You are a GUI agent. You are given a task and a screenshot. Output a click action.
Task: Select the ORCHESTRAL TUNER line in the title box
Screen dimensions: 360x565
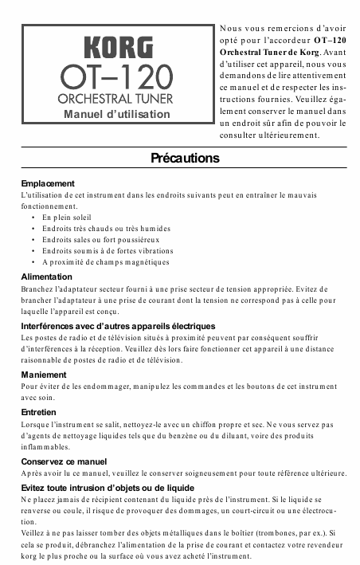point(117,100)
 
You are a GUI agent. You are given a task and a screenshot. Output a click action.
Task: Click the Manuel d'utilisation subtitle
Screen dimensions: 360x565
point(117,114)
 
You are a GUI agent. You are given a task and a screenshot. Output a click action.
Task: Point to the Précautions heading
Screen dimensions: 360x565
point(185,159)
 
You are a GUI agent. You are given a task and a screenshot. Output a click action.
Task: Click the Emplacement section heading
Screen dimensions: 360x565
point(48,183)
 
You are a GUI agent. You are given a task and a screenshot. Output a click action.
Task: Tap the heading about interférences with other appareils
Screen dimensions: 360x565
point(118,326)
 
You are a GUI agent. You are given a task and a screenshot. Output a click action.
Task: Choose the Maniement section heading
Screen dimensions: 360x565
point(45,374)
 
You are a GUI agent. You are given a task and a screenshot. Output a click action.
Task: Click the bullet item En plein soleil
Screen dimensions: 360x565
point(67,217)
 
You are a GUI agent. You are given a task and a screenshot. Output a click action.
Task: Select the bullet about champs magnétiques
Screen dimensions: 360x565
point(105,261)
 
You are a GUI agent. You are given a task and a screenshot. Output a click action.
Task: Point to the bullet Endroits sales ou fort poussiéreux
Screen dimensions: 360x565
point(100,239)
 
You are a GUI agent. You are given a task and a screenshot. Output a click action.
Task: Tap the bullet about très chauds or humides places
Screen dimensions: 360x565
point(106,228)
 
